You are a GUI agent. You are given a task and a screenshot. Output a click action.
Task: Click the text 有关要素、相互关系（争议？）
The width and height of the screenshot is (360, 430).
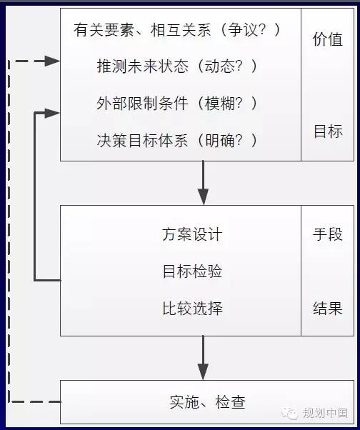point(176,29)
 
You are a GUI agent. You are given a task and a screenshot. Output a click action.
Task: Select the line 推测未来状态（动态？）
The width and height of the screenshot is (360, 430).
point(177,66)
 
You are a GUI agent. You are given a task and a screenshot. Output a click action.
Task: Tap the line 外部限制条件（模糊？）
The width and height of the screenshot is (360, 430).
point(177,104)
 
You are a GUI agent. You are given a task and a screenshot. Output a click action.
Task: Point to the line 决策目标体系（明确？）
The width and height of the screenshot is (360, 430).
point(177,140)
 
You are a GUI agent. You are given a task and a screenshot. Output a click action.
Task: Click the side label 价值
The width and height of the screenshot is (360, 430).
point(328,39)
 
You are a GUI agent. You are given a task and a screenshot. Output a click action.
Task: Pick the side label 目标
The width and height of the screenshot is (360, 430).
point(328,131)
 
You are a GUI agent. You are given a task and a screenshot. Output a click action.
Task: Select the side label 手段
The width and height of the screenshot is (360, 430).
point(328,234)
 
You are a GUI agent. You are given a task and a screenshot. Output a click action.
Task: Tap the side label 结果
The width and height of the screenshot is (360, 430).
point(328,308)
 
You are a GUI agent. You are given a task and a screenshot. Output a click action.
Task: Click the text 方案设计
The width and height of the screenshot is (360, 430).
point(192,234)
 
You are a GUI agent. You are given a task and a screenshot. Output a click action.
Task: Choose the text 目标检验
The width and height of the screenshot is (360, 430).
point(192,271)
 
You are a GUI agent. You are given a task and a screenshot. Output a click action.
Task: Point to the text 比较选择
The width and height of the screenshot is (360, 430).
point(192,308)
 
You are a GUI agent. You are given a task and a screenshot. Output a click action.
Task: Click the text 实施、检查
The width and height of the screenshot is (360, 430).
point(207,402)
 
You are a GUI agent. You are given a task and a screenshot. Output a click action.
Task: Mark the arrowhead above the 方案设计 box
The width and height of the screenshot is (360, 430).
point(203,196)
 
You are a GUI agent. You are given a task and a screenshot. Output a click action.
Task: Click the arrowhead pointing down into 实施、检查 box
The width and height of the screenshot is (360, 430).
point(203,371)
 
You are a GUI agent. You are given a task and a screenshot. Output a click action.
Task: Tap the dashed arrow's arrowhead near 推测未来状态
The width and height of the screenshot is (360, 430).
point(52,61)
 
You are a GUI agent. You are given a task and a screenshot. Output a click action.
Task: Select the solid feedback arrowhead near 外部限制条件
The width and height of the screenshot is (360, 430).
point(52,113)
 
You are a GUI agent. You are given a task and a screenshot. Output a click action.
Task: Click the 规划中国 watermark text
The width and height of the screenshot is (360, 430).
point(325,413)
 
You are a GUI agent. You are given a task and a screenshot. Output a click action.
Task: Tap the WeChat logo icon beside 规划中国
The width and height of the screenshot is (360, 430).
point(289,413)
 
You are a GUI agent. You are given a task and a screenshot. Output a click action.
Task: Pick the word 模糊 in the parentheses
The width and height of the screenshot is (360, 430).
point(220,104)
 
